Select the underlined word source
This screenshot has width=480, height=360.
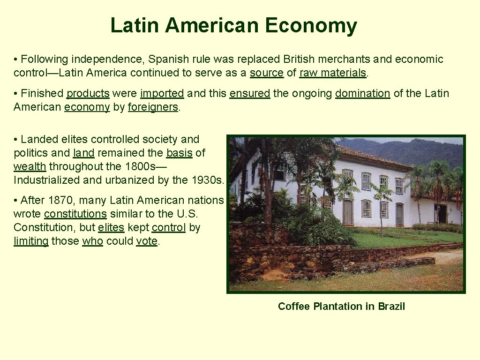tap(267, 73)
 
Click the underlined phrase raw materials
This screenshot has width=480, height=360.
tap(333, 73)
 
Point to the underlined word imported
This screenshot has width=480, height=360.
tap(162, 93)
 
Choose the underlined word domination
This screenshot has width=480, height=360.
tap(362, 93)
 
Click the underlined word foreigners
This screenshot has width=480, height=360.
tap(153, 107)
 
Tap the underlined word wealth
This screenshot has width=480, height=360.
tap(30, 166)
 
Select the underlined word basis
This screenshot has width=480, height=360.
tap(179, 153)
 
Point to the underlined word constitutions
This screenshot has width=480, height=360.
tap(75, 214)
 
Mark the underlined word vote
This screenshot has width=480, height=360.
tap(147, 241)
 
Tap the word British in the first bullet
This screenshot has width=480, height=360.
tap(300, 59)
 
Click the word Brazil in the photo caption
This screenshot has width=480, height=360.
tap(391, 306)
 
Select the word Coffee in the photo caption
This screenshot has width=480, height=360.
tap(294, 306)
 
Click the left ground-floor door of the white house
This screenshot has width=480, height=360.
tap(348, 212)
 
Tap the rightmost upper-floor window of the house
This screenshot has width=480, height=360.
tap(399, 186)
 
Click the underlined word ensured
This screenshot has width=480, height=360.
tap(249, 93)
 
